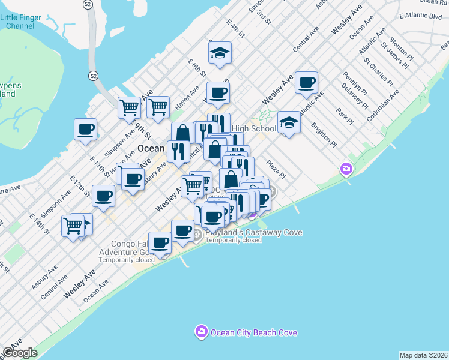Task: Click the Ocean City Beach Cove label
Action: tap(253, 332)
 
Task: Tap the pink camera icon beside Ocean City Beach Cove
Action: tap(201, 332)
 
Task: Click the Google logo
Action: tap(20, 353)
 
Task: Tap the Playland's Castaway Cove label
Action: tap(253, 233)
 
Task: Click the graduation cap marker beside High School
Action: tap(289, 124)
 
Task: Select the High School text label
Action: tap(253, 128)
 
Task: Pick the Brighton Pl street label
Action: tap(324, 134)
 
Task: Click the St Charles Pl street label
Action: tap(378, 73)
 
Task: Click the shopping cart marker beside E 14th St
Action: tap(73, 226)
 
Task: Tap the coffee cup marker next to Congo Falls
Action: tap(160, 243)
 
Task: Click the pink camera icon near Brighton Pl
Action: tap(346, 169)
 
